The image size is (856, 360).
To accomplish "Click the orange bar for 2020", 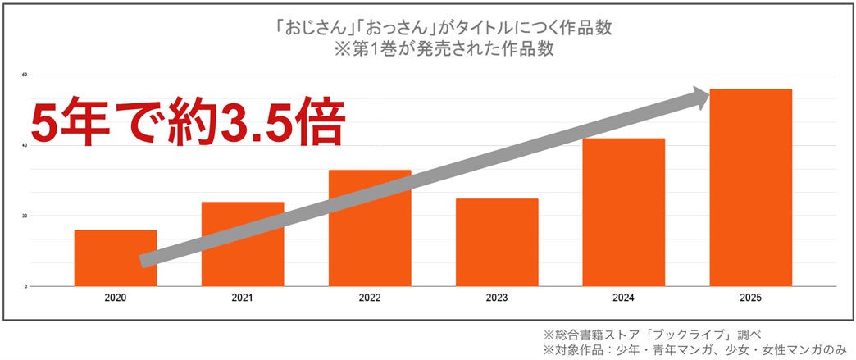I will [116, 257].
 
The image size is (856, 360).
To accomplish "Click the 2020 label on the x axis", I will [116, 298].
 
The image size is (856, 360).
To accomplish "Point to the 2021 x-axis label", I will [243, 298].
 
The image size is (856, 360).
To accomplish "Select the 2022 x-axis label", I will [370, 298].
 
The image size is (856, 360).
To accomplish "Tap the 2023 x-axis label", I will [497, 298].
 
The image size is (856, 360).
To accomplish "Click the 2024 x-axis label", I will [624, 298].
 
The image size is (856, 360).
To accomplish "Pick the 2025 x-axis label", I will [751, 298].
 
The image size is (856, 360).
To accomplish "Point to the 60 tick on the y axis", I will [25, 75].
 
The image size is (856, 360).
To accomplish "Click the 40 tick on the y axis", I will [25, 146].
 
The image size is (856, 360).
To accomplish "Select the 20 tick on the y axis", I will [25, 216].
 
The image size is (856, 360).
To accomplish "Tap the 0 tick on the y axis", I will [26, 287].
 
